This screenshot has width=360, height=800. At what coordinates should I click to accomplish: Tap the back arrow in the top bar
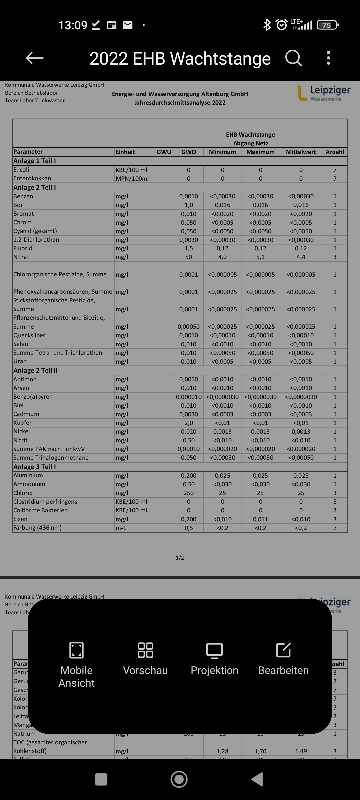pyautogui.click(x=35, y=58)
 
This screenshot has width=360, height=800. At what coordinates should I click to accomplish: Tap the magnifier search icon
pyautogui.click(x=293, y=58)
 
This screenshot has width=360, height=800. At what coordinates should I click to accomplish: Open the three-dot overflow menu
pyautogui.click(x=328, y=58)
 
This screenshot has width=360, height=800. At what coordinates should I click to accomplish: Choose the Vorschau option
pyautogui.click(x=145, y=658)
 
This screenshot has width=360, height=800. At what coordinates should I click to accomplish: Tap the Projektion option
pyautogui.click(x=214, y=658)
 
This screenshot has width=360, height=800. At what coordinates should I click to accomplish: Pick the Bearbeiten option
pyautogui.click(x=283, y=658)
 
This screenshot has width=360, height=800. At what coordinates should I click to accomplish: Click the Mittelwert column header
pyautogui.click(x=301, y=152)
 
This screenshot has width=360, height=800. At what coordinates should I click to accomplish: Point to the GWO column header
pyautogui.click(x=189, y=152)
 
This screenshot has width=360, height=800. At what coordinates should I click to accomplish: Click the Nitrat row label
pyautogui.click(x=21, y=257)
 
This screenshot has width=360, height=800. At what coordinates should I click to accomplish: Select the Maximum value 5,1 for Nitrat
pyautogui.click(x=260, y=257)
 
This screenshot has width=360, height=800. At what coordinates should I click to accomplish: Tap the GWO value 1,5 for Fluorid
pyautogui.click(x=189, y=248)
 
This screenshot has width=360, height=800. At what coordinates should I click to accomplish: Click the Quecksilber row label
pyautogui.click(x=29, y=335)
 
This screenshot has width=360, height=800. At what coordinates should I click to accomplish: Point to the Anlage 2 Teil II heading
pyautogui.click(x=35, y=370)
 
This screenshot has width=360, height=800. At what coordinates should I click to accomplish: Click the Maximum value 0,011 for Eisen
pyautogui.click(x=260, y=519)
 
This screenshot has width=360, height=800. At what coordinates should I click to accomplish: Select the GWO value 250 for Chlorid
pyautogui.click(x=189, y=493)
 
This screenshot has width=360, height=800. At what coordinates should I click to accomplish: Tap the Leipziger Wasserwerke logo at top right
pyautogui.click(x=324, y=93)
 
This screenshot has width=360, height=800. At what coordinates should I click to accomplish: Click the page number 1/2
pyautogui.click(x=180, y=558)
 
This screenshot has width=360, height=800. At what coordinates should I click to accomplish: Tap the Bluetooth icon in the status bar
pyautogui.click(x=267, y=25)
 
